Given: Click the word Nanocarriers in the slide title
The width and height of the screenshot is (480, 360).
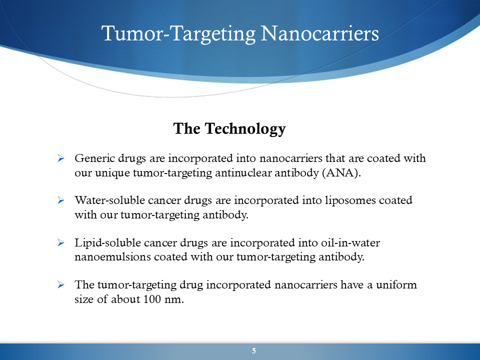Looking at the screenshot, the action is [x=320, y=33].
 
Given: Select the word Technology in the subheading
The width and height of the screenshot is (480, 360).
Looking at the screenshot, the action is [x=245, y=129].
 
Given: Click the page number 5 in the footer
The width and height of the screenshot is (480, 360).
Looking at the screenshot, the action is [x=254, y=351].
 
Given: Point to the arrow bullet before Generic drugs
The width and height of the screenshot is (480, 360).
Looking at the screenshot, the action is [x=61, y=158].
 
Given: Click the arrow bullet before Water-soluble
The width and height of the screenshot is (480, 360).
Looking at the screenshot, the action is [x=61, y=200].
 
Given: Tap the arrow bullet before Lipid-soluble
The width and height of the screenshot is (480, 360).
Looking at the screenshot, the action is [x=61, y=243].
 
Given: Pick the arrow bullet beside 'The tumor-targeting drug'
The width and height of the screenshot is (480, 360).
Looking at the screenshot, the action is [x=61, y=284].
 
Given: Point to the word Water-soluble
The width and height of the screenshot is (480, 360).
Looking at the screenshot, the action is [x=109, y=200].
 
